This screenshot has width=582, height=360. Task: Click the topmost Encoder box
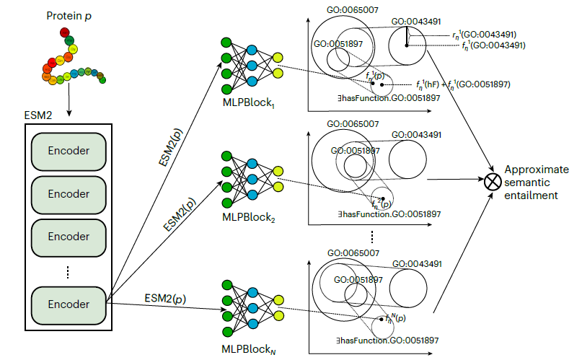pos(69,152)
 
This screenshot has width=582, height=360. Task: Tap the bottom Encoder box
pos(69,304)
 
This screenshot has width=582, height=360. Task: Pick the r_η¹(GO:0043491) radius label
pos(482,34)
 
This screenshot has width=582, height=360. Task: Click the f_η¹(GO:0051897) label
pos(479,84)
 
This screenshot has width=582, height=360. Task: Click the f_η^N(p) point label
pos(395,317)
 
